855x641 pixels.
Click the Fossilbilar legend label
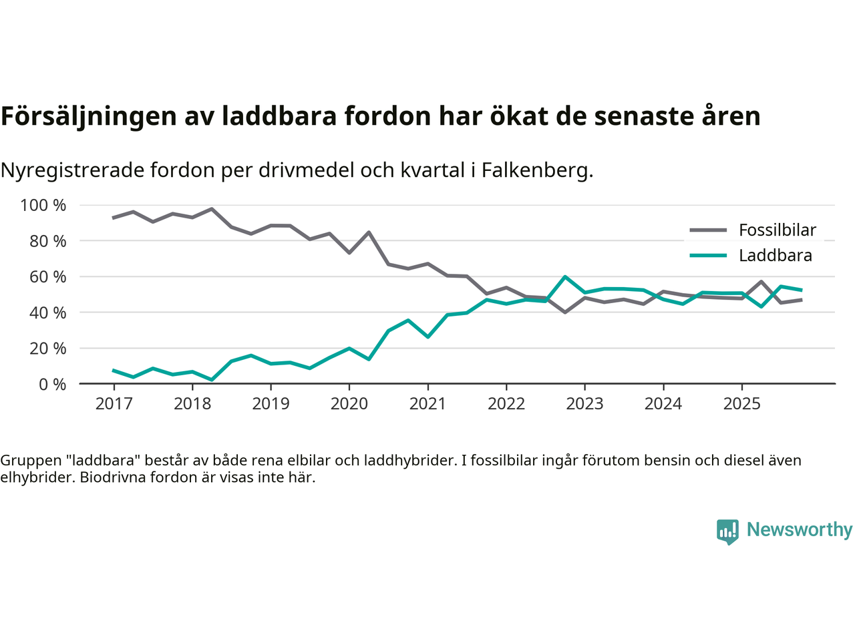(777, 230)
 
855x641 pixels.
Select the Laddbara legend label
(775, 256)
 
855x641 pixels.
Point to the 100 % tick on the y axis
(43, 205)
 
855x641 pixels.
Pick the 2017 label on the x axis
(114, 404)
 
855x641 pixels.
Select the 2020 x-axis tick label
(349, 404)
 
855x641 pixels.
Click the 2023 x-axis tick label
(584, 404)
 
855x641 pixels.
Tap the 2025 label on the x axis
(742, 404)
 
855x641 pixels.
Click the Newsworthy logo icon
(727, 531)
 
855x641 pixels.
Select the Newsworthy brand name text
(800, 529)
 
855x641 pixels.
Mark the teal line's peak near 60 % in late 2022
(565, 276)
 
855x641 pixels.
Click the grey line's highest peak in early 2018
(212, 209)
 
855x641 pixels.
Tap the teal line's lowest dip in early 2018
(212, 380)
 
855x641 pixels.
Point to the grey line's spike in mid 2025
(761, 282)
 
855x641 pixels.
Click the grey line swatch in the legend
(707, 230)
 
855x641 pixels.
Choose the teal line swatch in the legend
(707, 256)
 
